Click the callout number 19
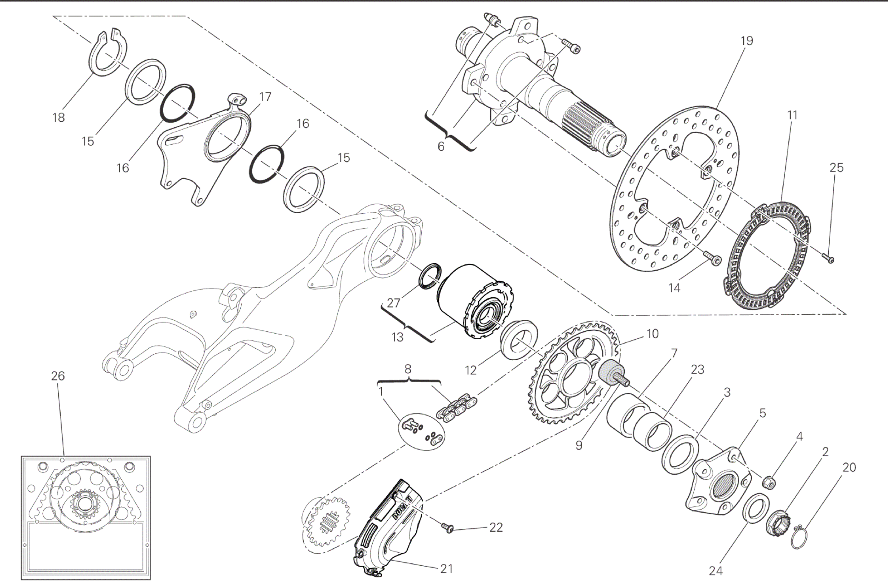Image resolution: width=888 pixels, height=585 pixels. (747, 41)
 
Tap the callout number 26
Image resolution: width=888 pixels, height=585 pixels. (58, 376)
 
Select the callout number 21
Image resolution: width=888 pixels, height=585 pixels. (447, 569)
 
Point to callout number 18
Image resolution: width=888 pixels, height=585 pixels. (59, 118)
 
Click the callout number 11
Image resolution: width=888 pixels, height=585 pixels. (792, 115)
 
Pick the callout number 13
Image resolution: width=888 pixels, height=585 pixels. (397, 337)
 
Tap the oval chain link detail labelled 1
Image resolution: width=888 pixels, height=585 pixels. (421, 432)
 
